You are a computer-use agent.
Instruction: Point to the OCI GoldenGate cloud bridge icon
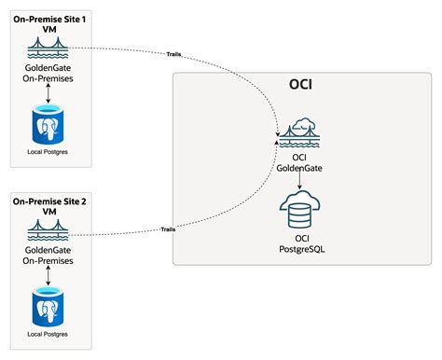pyautogui.click(x=299, y=133)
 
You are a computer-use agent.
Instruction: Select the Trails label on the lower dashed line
pyautogui.click(x=168, y=228)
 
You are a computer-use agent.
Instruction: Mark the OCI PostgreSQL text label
pyautogui.click(x=299, y=244)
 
